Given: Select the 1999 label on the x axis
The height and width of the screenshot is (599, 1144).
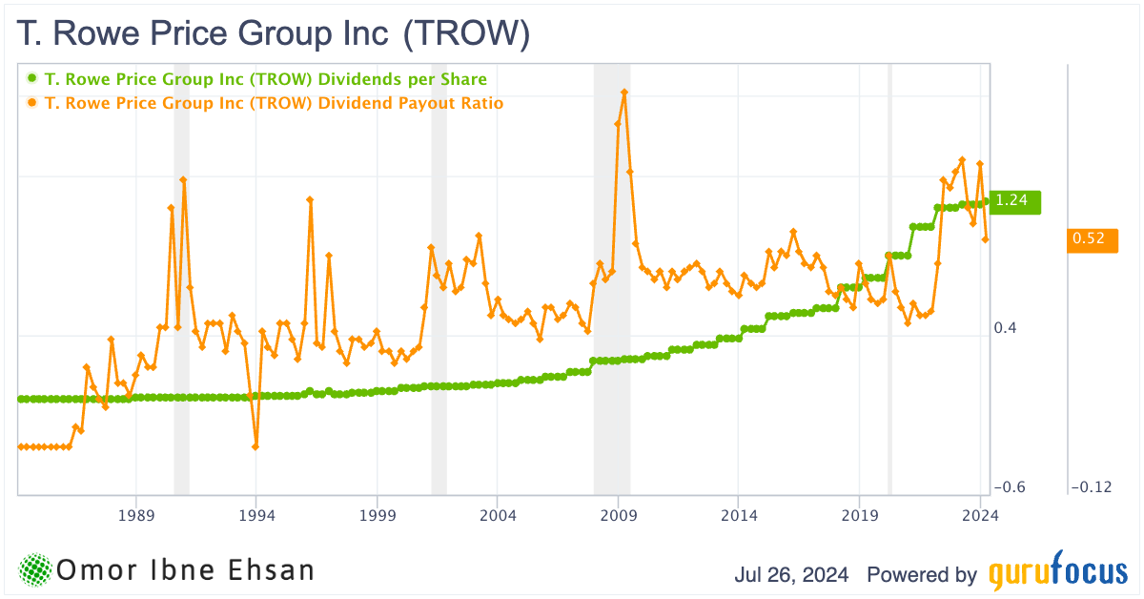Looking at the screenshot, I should pos(378,515).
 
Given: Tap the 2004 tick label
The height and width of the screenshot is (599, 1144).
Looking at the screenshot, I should pos(498,515).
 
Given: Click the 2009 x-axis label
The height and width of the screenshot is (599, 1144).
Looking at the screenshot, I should pos(619,515).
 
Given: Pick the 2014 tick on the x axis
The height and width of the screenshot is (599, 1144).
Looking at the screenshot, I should pos(739,515).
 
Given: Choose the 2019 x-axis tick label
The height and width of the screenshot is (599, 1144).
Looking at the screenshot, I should pos(860,515).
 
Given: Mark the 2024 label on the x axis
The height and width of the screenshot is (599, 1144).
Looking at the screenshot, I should pos(980,515).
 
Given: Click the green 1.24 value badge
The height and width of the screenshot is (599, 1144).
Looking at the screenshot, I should pos(1014,200).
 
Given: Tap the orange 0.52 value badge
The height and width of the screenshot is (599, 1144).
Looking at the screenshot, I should pos(1091,238).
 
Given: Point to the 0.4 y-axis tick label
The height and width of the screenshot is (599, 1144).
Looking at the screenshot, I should pos(1006,328).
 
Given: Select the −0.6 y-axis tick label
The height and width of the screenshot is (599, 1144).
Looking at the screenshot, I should pos(1009,487).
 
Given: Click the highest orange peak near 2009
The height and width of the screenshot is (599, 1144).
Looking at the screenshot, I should pos(623,92).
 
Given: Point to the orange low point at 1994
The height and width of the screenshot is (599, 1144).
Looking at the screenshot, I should pos(255,446).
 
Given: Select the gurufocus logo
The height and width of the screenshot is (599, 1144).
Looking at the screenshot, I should pos(1057,574).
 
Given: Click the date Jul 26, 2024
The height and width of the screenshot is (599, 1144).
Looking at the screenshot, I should pos(795,575).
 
